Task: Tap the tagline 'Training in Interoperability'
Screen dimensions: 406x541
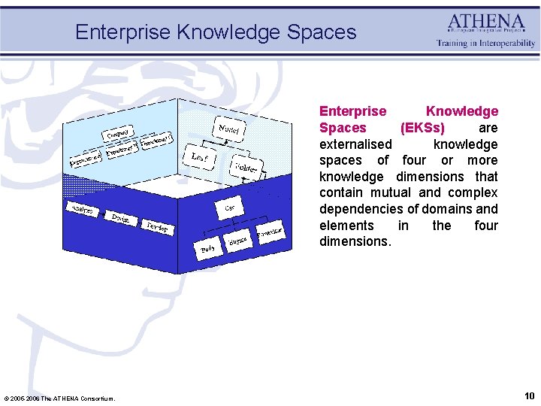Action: click(x=486, y=43)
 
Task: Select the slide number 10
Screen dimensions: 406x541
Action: click(x=530, y=395)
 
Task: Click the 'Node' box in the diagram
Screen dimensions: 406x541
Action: click(x=229, y=129)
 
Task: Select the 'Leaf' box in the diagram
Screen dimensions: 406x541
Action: click(x=200, y=158)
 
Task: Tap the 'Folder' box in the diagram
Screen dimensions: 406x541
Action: click(x=246, y=167)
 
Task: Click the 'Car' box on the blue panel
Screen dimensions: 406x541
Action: click(x=230, y=206)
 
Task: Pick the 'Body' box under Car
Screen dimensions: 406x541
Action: click(x=208, y=249)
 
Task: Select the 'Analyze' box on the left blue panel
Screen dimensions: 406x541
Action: click(x=82, y=210)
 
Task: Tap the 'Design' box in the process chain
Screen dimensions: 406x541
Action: click(x=119, y=218)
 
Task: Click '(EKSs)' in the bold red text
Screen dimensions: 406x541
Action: click(x=422, y=128)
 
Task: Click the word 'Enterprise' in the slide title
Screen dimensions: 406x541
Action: click(x=122, y=32)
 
